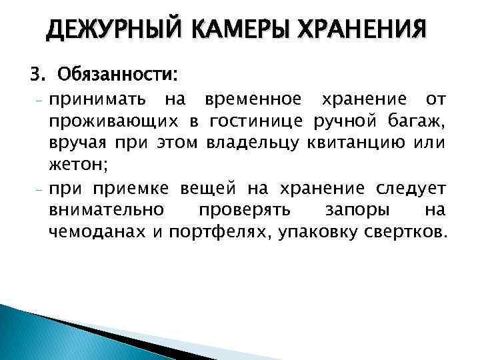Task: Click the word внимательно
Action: [106, 209]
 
